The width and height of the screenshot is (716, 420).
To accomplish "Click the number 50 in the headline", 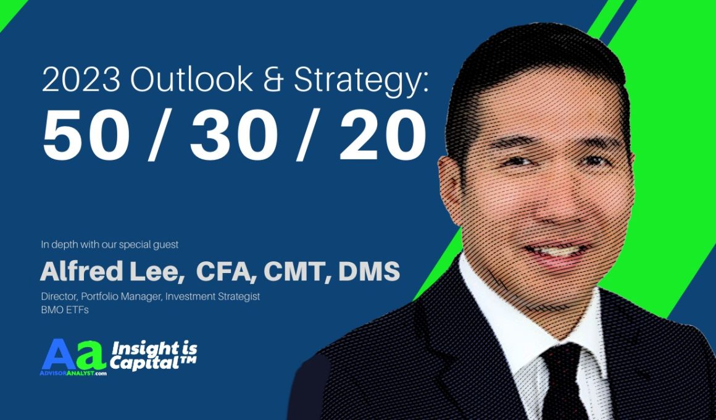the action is (x=85, y=135).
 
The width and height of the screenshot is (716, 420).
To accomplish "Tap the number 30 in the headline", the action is (x=233, y=135).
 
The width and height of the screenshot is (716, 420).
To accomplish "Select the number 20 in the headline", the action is (x=383, y=135).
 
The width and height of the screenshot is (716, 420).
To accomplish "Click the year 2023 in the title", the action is (x=81, y=79).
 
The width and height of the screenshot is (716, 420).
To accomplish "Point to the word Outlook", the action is (x=191, y=79).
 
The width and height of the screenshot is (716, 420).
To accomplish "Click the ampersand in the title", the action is (x=273, y=80).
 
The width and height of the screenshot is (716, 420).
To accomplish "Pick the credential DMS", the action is (x=369, y=272).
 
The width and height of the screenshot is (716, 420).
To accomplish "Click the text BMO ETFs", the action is (x=65, y=310).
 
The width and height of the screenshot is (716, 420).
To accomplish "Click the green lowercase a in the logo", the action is (x=91, y=356).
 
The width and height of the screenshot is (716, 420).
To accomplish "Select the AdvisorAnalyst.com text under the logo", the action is (x=73, y=373).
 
